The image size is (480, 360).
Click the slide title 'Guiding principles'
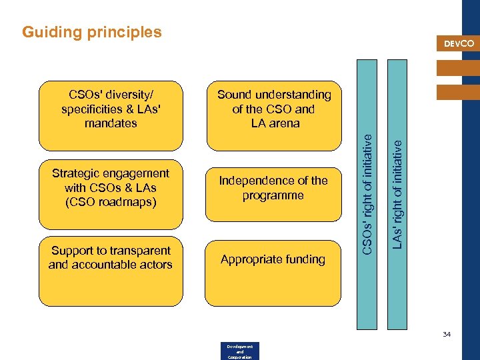pos(92,32)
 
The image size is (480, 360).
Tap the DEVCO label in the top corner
pos(459,43)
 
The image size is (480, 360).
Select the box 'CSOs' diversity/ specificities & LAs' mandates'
pos(111,115)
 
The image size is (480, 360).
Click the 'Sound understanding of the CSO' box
pos(274,115)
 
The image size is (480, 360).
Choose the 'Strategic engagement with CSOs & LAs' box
pos(111,194)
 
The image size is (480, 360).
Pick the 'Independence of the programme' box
pos(273,193)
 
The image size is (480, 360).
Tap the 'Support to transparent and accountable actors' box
pos(111,271)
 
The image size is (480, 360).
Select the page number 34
pos(446,334)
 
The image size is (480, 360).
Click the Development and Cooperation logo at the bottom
pos(239,351)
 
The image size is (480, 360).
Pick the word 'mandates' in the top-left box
pos(111,123)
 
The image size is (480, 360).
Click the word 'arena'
pos(285,123)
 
